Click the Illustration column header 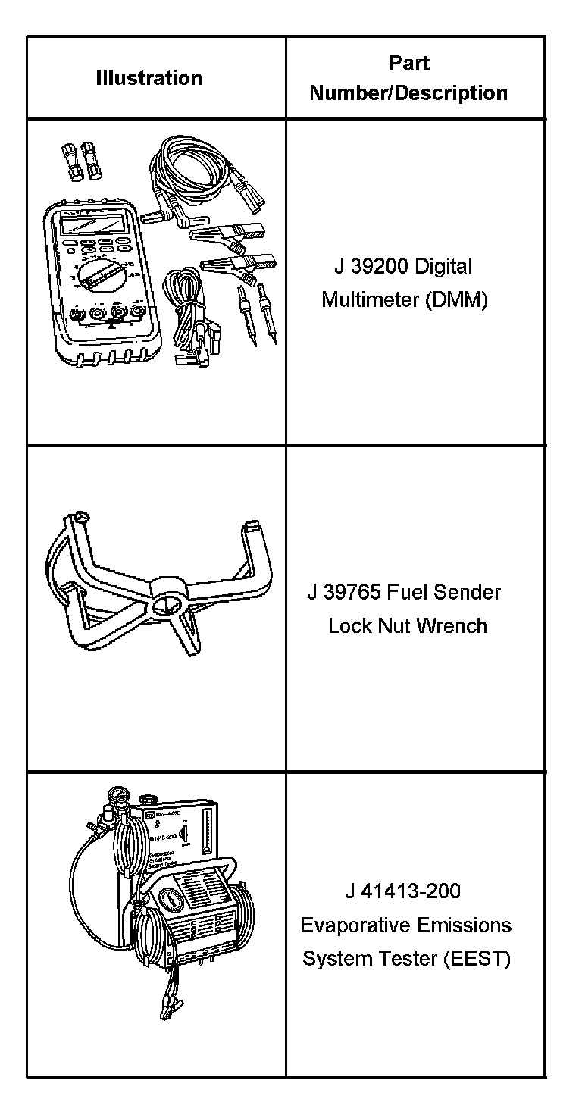click(149, 78)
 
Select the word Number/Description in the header click(408, 93)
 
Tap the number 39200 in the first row click(380, 267)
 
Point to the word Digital click(443, 267)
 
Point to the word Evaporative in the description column click(348, 925)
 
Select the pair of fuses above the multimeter click(81, 160)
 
